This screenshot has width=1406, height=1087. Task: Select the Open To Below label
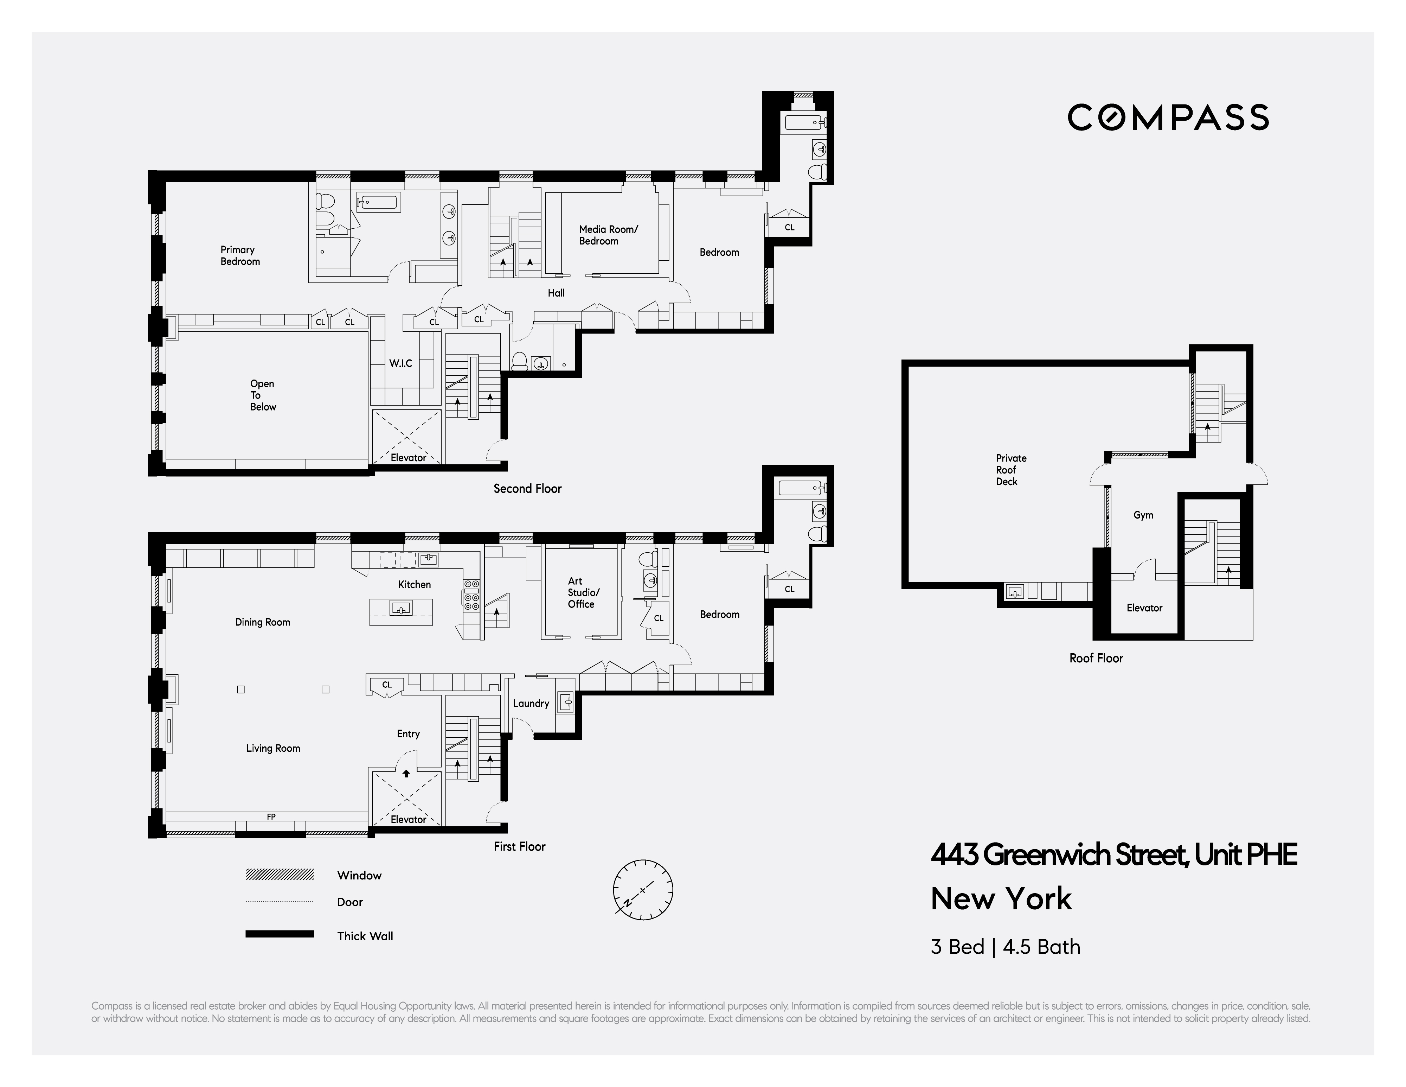point(263,395)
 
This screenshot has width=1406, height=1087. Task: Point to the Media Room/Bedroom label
point(608,235)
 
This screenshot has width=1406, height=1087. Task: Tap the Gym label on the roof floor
point(1143,515)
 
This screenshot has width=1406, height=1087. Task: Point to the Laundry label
point(531,703)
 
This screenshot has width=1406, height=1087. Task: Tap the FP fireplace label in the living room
point(271,816)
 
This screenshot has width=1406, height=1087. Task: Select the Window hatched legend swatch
point(280,875)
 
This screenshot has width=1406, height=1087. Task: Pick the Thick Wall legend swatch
point(280,934)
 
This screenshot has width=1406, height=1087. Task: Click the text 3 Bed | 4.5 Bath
point(1005,947)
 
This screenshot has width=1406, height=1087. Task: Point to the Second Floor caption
point(527,489)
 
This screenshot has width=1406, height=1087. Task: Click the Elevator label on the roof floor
point(1144,608)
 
